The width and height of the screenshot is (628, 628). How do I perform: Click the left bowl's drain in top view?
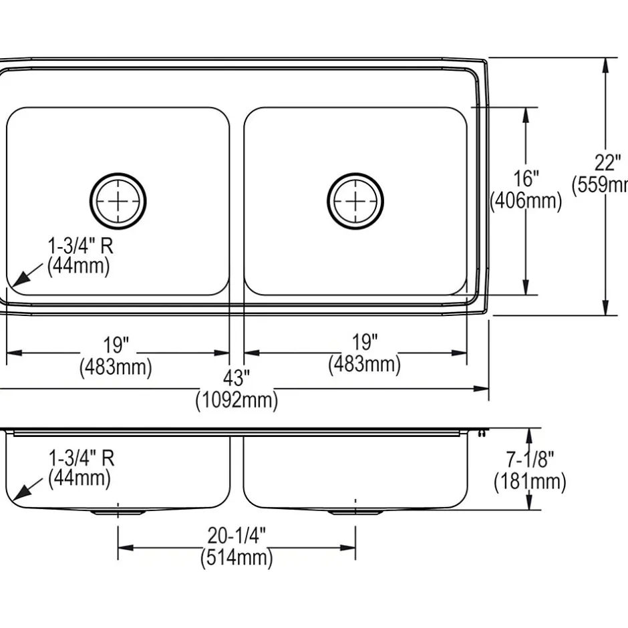pos(118,200)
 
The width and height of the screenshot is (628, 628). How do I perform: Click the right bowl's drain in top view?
pos(355,200)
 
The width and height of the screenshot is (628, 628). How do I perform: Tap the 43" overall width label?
pos(236,379)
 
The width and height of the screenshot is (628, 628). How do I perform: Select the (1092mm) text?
pos(236,401)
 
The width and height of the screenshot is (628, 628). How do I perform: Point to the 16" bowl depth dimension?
pos(526,178)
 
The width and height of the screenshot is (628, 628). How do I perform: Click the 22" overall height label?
pos(609,162)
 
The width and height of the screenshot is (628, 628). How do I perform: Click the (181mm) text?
pos(530,481)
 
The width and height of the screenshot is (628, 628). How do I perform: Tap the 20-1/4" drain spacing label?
pos(237,536)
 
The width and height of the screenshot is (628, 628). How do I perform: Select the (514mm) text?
pos(237,557)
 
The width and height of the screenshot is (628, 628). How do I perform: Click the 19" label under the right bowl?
pos(365,342)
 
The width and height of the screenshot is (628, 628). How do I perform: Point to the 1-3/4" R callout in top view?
pos(80,246)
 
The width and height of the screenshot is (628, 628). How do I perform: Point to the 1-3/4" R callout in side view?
pos(81,458)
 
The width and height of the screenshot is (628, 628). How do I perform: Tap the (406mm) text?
pos(526,200)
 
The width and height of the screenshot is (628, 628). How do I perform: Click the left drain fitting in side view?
pos(118,512)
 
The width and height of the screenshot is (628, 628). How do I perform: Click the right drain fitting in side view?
pos(355,512)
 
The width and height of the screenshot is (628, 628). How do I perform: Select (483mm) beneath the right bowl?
pos(364,364)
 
